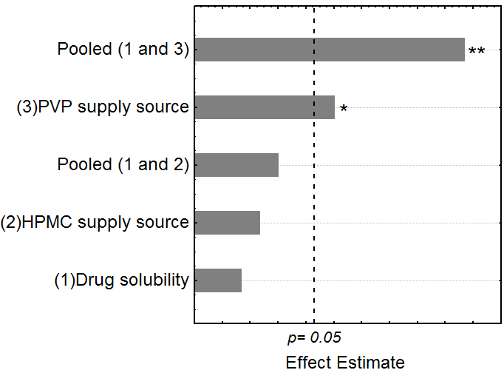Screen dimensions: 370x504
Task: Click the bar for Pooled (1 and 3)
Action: pyautogui.click(x=330, y=50)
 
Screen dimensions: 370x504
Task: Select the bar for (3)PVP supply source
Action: pyautogui.click(x=265, y=107)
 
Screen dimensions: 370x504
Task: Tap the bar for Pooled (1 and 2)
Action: pyautogui.click(x=236, y=165)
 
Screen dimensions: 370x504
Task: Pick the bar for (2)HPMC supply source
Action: pyautogui.click(x=228, y=222)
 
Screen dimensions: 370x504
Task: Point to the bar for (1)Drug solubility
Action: pyautogui.click(x=218, y=280)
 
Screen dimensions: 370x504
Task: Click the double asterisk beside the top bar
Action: pyautogui.click(x=477, y=51)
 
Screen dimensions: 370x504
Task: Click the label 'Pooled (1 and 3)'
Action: pyautogui.click(x=123, y=50)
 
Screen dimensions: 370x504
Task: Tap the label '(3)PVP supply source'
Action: pyautogui.click(x=103, y=107)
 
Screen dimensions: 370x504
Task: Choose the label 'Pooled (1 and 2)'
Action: pyautogui.click(x=123, y=164)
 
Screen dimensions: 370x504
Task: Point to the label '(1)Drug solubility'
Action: pyautogui.click(x=121, y=280)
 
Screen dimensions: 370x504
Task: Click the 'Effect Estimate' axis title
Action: pyautogui.click(x=345, y=362)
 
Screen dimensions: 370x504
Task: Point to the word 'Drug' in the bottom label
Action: pyautogui.click(x=92, y=280)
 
